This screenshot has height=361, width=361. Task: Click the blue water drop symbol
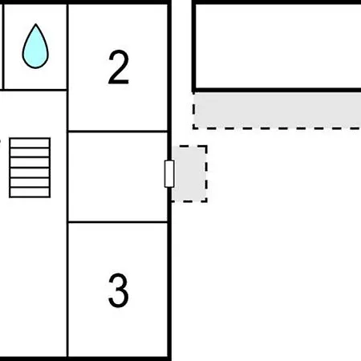(35, 47)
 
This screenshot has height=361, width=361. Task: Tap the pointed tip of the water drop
(35, 24)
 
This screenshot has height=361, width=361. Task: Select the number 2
(119, 67)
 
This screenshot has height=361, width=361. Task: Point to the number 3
(118, 290)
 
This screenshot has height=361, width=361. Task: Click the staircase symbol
(30, 168)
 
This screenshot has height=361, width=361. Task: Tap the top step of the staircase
(30, 143)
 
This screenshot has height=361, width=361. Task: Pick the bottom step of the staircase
(30, 193)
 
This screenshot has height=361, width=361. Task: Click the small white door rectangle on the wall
(169, 174)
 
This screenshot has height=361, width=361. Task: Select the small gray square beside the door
(189, 174)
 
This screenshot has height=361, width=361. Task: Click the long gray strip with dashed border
(277, 111)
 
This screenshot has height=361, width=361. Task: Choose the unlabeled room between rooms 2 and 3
(118, 176)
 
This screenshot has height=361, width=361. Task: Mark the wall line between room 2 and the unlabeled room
(118, 132)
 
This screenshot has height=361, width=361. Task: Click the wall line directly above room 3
(118, 222)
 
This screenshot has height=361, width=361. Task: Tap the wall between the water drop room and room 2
(67, 47)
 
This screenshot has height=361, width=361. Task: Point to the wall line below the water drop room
(34, 90)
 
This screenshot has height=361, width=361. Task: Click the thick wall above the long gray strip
(277, 90)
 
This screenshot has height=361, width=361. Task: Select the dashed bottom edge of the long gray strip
(277, 128)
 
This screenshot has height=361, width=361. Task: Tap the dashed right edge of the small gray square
(207, 174)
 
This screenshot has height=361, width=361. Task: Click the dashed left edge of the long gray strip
(193, 111)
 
